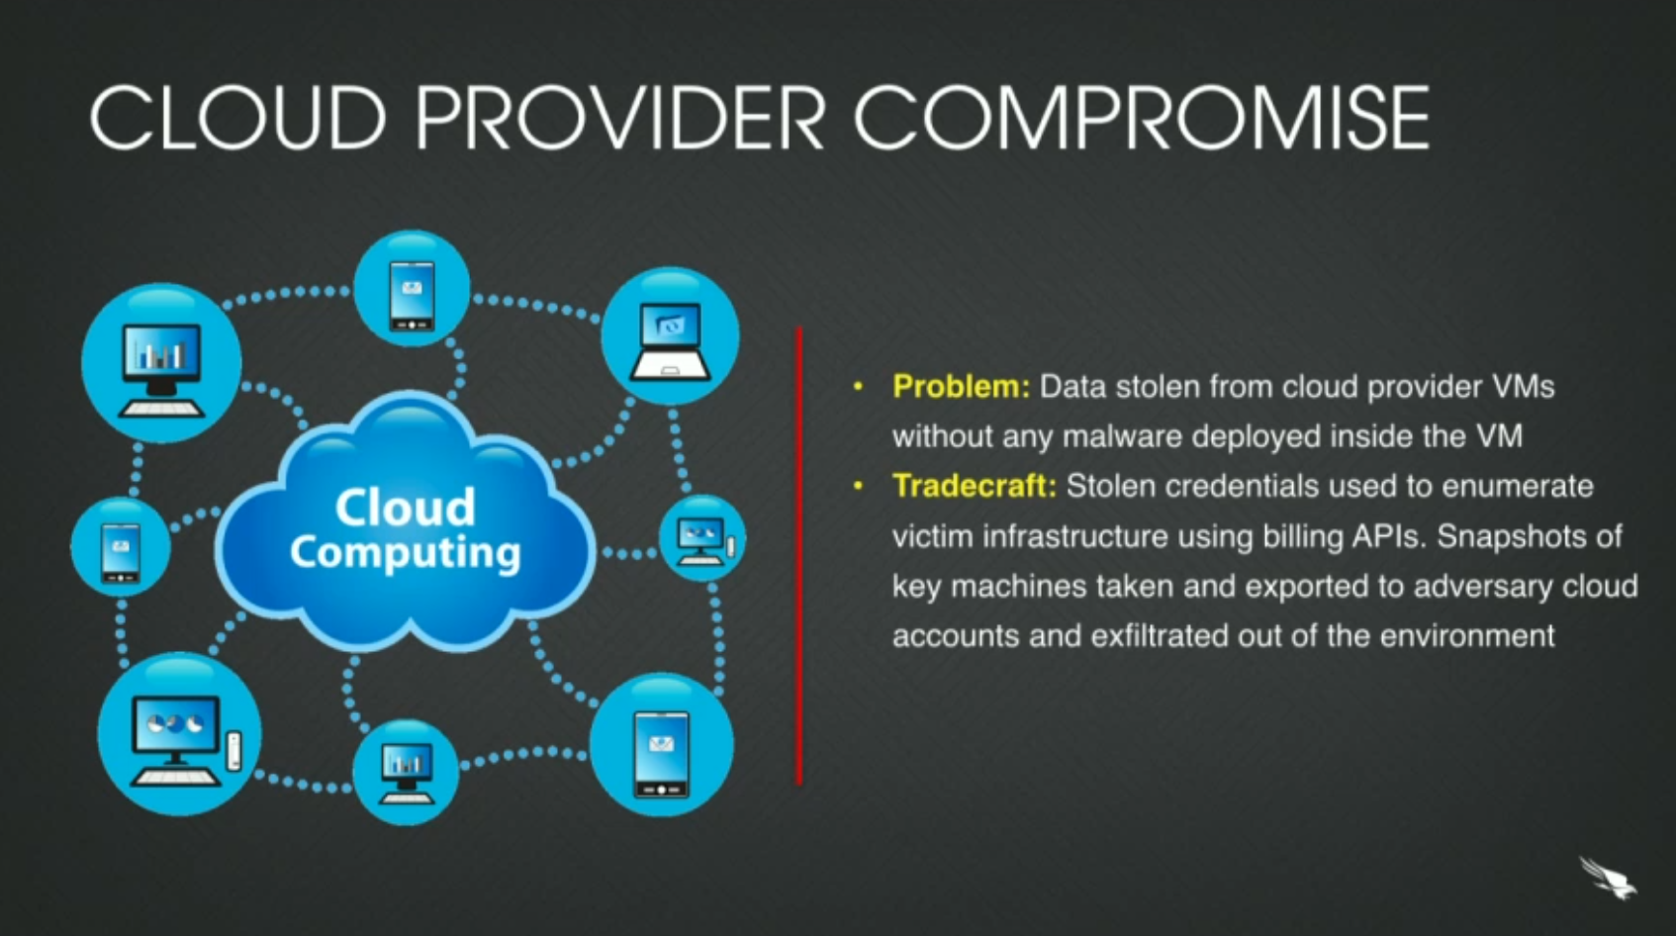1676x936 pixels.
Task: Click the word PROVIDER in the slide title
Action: tap(619, 118)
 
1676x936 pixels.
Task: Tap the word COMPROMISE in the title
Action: tap(1141, 118)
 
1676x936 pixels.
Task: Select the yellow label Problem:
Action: tap(961, 386)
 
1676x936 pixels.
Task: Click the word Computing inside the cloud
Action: tap(405, 552)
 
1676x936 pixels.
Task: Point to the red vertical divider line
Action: tap(798, 554)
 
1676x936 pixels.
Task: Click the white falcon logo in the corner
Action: tap(1608, 878)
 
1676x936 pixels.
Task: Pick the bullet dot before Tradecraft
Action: tap(858, 486)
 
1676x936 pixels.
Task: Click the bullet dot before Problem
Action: tap(858, 386)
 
